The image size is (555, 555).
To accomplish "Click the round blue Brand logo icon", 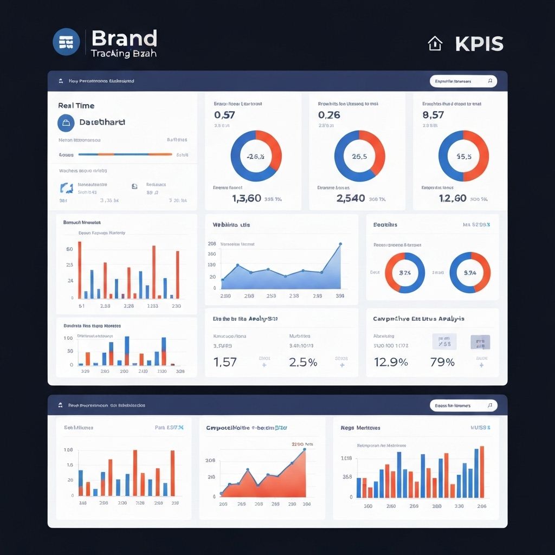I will pyautogui.click(x=66, y=42).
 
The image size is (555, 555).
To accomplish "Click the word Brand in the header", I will pyautogui.click(x=124, y=38).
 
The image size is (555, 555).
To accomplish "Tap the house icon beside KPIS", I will pyautogui.click(x=435, y=43).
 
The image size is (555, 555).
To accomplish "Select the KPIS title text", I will pyautogui.click(x=479, y=44).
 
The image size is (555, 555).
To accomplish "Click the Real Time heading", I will pyautogui.click(x=76, y=106).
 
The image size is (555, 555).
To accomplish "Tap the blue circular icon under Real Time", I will pyautogui.click(x=66, y=123).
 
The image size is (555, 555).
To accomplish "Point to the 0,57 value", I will pyautogui.click(x=224, y=115).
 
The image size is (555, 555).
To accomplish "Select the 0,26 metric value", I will pyautogui.click(x=329, y=115).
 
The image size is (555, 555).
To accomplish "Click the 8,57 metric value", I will pyautogui.click(x=433, y=115).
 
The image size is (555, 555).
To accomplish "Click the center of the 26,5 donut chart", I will pyautogui.click(x=359, y=156).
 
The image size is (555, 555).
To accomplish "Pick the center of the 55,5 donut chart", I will pyautogui.click(x=463, y=156).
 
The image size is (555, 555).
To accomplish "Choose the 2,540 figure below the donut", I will pyautogui.click(x=351, y=198).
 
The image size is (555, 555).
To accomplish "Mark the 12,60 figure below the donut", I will pyautogui.click(x=453, y=198).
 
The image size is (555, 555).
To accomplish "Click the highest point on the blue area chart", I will pyautogui.click(x=340, y=244).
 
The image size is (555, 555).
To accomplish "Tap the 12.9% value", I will pyautogui.click(x=391, y=362).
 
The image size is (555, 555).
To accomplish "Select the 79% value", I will pyautogui.click(x=442, y=362).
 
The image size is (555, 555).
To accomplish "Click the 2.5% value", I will pyautogui.click(x=303, y=362).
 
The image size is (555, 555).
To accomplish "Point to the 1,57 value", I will pyautogui.click(x=225, y=362).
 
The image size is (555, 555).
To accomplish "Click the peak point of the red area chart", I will pyautogui.click(x=305, y=449).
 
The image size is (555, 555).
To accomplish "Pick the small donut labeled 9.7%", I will pyautogui.click(x=470, y=273).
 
